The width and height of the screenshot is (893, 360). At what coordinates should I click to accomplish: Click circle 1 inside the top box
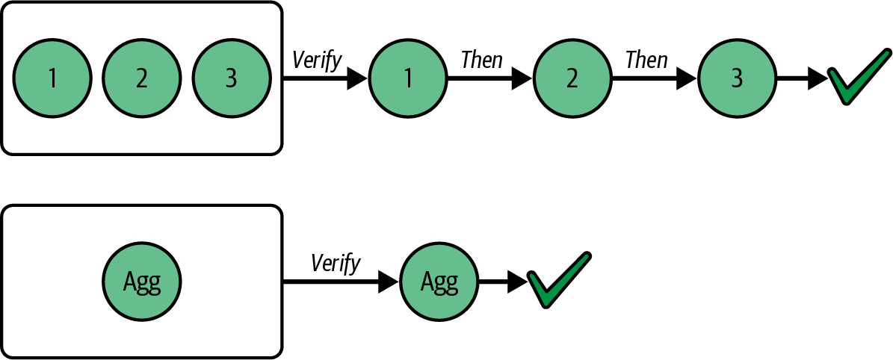click(x=52, y=78)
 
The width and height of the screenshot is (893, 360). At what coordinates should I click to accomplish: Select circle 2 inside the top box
click(x=141, y=78)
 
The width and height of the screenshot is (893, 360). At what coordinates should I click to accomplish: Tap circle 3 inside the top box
click(x=231, y=78)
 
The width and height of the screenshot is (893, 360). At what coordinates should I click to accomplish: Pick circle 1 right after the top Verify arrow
click(x=407, y=78)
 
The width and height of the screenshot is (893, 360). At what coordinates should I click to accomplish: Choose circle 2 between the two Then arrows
click(x=572, y=78)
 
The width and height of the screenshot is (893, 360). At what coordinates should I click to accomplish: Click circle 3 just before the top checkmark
click(x=737, y=78)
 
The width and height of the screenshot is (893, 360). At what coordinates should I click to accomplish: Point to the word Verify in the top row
click(x=317, y=60)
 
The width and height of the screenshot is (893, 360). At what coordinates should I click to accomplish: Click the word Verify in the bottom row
click(x=336, y=263)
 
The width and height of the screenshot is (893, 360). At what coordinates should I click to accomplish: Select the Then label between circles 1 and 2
click(x=482, y=60)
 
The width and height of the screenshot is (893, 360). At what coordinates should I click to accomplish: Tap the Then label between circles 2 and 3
click(x=646, y=60)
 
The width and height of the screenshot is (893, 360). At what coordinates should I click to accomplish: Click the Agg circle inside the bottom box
click(x=141, y=282)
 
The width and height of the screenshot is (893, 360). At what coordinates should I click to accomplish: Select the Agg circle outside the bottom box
click(x=439, y=282)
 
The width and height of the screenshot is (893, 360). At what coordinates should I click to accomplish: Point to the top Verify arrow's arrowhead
click(x=357, y=78)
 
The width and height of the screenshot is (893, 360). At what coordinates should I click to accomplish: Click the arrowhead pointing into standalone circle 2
click(x=522, y=78)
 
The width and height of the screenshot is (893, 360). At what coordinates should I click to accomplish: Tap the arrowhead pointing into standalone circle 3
click(x=687, y=78)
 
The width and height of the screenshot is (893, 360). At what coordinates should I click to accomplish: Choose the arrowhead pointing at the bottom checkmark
click(x=516, y=282)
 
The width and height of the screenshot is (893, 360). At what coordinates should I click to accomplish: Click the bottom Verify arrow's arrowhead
click(x=389, y=282)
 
